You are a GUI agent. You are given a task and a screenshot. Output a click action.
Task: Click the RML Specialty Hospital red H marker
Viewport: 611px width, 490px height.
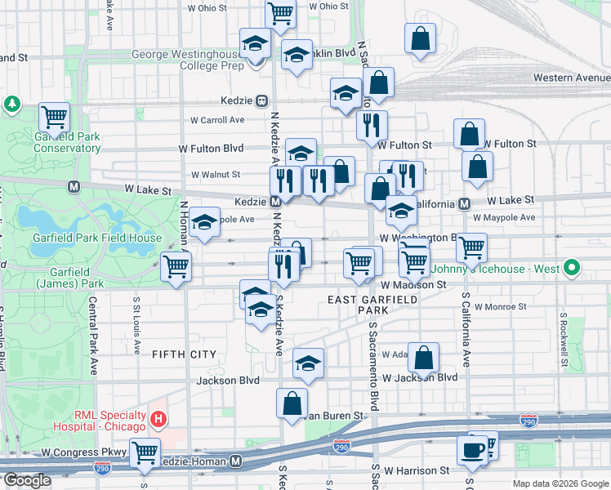pos(159,421)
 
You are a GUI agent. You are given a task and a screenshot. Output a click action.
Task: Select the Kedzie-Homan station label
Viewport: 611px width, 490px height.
pos(195,462)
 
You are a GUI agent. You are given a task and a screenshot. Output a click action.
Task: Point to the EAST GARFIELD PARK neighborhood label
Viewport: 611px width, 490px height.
pos(372,305)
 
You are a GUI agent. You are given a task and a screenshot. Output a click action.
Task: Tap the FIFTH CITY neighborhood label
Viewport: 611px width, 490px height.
pos(184,354)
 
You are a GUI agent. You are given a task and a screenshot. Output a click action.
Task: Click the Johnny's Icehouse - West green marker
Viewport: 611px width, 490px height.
pos(573,267)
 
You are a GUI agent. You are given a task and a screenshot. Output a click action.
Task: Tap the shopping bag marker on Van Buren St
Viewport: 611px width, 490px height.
pos(292,403)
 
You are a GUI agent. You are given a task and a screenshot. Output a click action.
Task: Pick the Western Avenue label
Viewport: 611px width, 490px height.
pos(571,78)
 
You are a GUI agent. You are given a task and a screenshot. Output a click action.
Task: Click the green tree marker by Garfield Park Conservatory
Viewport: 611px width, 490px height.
pos(12,104)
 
